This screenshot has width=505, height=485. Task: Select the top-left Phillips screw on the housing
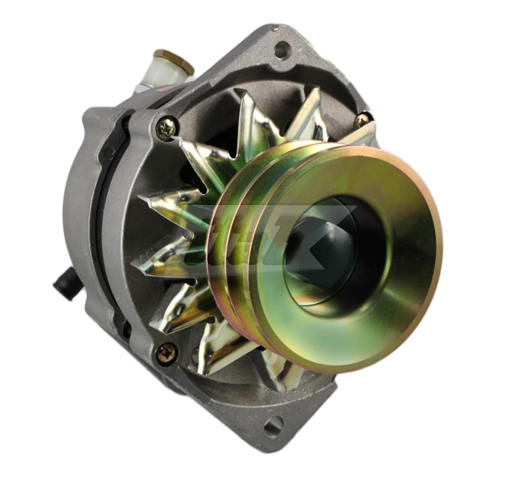pos(166,128)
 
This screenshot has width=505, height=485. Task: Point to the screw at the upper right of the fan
pos(363,119)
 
